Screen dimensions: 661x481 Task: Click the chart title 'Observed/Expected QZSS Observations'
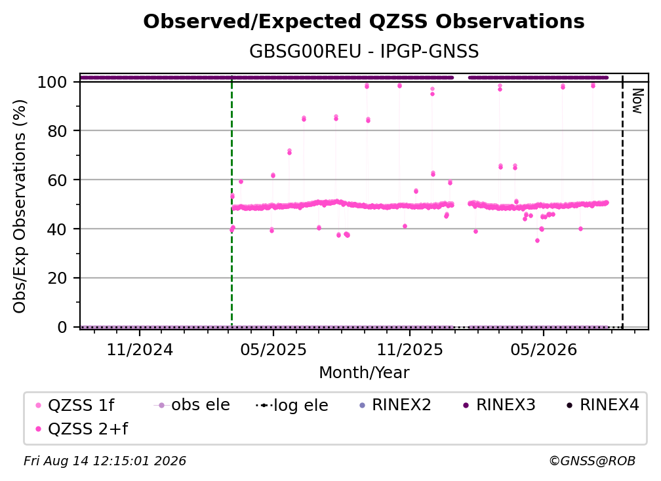click(x=364, y=22)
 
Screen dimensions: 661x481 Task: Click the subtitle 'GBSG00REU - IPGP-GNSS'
click(x=364, y=51)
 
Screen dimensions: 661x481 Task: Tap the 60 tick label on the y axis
click(x=57, y=180)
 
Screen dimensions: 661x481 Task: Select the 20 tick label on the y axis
click(x=57, y=278)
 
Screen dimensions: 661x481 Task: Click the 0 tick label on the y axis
click(x=62, y=327)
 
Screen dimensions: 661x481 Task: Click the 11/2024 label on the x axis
click(x=140, y=349)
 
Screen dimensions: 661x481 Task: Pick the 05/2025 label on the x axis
click(x=273, y=349)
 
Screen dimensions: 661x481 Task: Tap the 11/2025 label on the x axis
click(x=410, y=349)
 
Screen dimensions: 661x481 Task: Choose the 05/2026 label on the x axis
click(x=544, y=349)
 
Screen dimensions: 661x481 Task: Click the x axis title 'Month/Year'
click(x=364, y=373)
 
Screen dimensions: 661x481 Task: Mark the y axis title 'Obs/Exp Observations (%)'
click(x=20, y=206)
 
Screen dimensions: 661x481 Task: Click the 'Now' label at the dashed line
click(x=637, y=101)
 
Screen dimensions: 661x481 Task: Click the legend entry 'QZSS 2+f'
click(x=82, y=429)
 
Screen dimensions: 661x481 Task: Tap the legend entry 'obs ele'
click(x=191, y=405)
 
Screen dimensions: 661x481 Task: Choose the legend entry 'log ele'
click(x=292, y=405)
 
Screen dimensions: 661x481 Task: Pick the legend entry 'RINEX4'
click(x=603, y=405)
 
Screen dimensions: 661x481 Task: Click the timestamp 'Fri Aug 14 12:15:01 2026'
click(x=104, y=461)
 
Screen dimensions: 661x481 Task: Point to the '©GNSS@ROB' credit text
click(x=592, y=461)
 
